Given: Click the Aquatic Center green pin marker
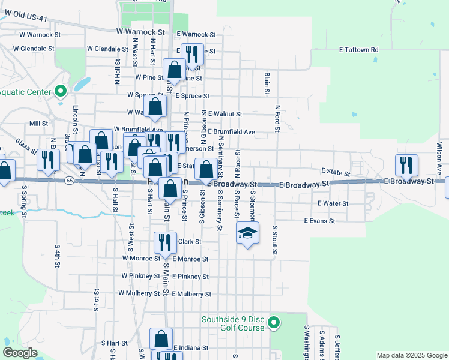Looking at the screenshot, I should click(x=60, y=91).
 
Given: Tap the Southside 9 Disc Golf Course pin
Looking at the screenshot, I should click(x=274, y=323).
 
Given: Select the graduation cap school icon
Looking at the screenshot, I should click(x=247, y=232).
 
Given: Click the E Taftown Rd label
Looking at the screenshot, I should click(x=358, y=50).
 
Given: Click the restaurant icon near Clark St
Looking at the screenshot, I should click(x=164, y=241).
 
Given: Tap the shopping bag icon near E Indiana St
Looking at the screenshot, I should click(x=161, y=338).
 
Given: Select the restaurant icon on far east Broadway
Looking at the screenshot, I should click(x=406, y=165).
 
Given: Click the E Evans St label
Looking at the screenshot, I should click(x=319, y=221).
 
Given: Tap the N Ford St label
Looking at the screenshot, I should click(x=278, y=118).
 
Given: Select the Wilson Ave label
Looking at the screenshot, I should click(x=439, y=154).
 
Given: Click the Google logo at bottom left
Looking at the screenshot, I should click(x=20, y=352).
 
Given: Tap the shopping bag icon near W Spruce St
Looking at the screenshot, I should click(x=155, y=106).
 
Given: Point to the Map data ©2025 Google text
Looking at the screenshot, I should click(x=411, y=355).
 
